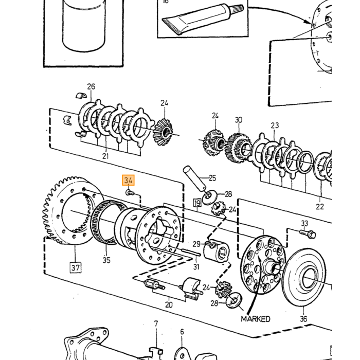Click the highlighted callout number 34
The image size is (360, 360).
tap(128, 180)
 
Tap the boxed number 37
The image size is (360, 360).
tap(76, 267)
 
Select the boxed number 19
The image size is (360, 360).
tap(197, 203)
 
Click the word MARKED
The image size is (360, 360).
tap(255, 319)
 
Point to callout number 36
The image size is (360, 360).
tap(303, 319)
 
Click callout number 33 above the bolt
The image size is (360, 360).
tap(304, 223)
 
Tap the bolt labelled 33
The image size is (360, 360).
tap(308, 234)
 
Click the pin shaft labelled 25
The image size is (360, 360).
tap(194, 178)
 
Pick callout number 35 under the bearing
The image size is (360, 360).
tap(106, 260)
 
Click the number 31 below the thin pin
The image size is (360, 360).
tap(196, 267)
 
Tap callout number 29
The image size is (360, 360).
tap(196, 244)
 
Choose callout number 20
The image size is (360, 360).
tap(169, 304)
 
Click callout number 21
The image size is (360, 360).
tap(105, 156)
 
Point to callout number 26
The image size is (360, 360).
tap(91, 86)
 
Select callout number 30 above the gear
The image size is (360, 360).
tap(239, 120)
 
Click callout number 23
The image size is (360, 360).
tap(275, 125)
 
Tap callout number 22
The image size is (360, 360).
tap(319, 207)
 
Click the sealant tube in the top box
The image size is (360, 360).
tap(203, 20)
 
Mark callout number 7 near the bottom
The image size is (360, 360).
tap(156, 323)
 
